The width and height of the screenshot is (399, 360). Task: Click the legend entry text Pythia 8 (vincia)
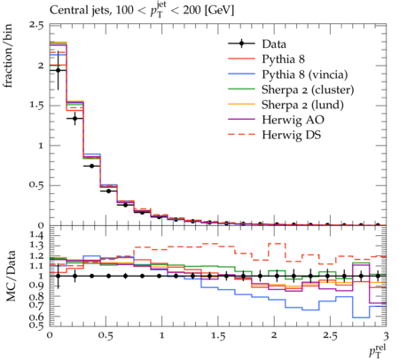point(305,74)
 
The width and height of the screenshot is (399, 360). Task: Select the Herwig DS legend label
point(291,135)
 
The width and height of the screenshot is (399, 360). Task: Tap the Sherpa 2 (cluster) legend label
point(308,90)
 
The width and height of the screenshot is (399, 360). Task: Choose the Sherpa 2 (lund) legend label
point(302,105)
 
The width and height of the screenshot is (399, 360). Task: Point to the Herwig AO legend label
point(293,120)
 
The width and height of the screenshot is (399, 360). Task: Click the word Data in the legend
point(274,44)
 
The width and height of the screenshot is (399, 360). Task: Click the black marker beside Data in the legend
point(241,43)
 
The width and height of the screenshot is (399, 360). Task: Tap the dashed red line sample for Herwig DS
point(241,135)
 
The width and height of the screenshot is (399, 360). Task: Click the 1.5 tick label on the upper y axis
point(36,106)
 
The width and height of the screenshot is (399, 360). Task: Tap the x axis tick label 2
point(274,336)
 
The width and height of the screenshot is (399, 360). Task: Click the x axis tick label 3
point(386,336)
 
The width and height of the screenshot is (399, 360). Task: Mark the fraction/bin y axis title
point(8,56)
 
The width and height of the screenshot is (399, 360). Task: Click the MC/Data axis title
point(11,276)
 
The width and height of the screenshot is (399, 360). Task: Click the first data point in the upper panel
point(59,70)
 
